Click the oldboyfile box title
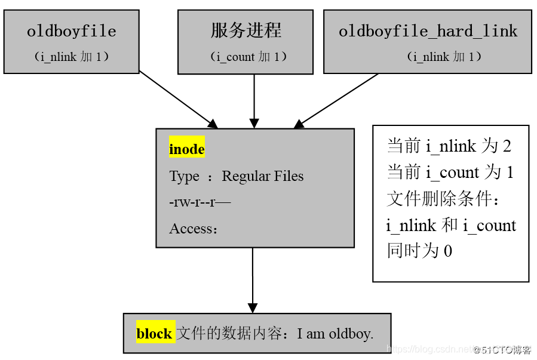71,31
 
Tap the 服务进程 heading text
246,30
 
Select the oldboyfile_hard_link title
428,31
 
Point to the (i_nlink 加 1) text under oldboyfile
71,57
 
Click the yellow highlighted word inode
187,149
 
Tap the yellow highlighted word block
154,334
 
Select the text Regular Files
262,176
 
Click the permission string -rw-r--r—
200,202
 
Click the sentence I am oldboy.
335,334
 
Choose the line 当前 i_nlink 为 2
449,146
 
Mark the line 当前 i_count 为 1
450,173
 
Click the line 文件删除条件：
446,199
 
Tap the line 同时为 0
419,251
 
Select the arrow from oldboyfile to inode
178,100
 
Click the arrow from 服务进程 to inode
254,100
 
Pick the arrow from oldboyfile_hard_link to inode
336,100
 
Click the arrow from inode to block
253,279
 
